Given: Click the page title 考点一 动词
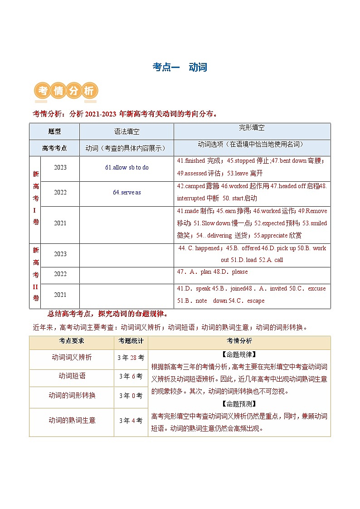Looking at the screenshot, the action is [180, 67].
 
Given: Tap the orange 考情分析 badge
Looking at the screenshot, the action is [66, 91].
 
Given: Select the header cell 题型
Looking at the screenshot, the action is [54, 131].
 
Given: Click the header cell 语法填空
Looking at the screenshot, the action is [126, 131].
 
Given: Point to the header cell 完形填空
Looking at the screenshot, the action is [252, 128].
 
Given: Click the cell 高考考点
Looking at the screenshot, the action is [54, 148].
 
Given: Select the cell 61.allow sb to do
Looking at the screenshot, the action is [126, 168].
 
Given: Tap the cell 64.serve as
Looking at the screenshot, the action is [126, 192].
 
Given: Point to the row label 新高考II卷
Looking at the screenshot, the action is [35, 274].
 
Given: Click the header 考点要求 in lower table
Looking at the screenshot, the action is [71, 341].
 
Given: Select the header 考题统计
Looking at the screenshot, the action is [131, 341].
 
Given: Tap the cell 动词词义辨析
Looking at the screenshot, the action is [72, 357].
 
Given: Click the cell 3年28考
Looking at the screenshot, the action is [131, 358].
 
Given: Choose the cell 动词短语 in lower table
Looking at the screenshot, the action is [72, 376].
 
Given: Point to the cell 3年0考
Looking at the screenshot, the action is [131, 396].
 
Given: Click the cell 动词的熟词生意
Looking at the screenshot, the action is [72, 420].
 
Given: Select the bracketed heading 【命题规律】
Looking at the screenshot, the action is [239, 355].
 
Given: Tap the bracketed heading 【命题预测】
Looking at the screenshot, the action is [239, 404].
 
